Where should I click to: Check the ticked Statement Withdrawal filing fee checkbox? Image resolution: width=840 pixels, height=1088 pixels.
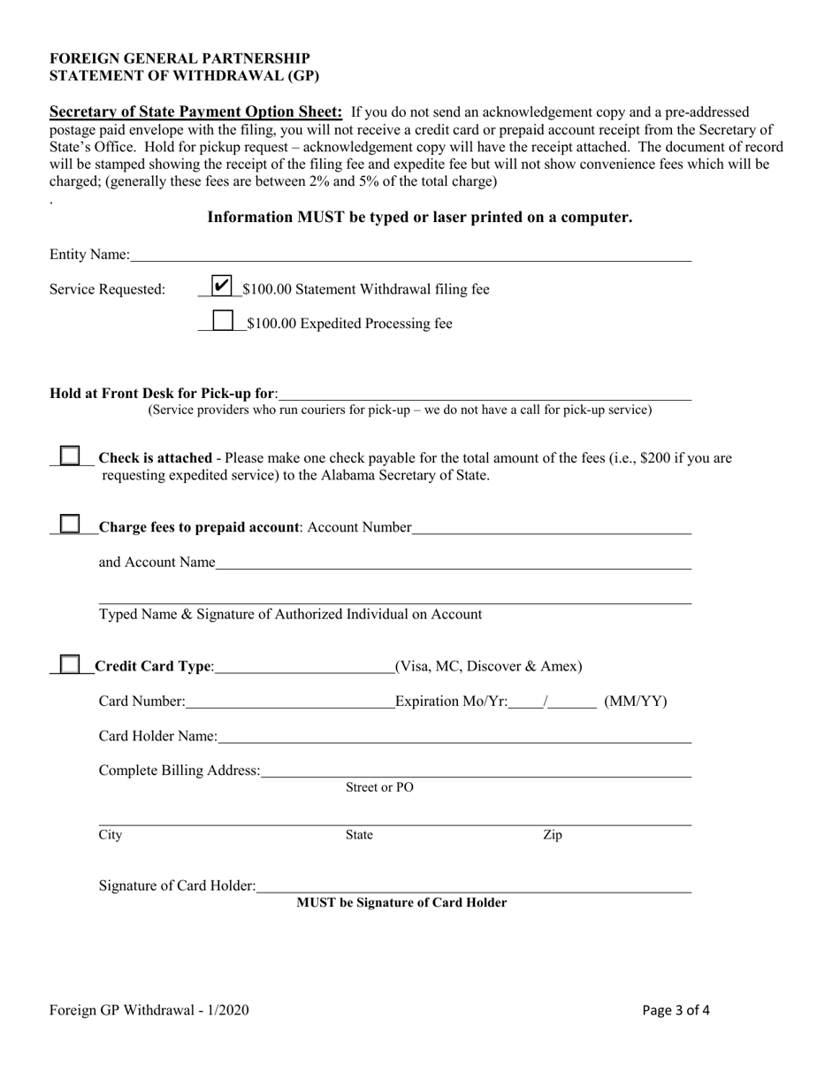[223, 286]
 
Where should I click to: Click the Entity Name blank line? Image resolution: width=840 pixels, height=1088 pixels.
[410, 257]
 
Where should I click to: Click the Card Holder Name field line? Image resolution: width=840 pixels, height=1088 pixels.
[454, 738]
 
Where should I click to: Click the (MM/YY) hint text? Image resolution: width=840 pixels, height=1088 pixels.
[636, 701]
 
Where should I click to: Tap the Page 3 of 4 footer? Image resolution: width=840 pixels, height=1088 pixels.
[676, 1010]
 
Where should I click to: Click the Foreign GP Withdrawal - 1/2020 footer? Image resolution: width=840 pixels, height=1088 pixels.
[149, 1010]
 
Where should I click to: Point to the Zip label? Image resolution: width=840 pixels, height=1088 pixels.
[552, 835]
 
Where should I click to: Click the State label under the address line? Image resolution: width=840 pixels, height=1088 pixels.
[359, 835]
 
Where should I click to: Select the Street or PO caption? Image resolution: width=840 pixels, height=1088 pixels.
[379, 787]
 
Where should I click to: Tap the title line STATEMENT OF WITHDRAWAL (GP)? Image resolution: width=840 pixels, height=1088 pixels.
[184, 76]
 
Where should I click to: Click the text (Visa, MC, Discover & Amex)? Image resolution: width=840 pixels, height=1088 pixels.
[488, 666]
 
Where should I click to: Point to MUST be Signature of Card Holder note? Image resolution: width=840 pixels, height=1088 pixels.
[401, 903]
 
